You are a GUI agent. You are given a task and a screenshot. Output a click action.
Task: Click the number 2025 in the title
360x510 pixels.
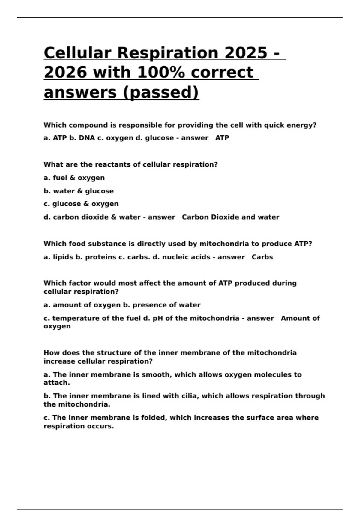point(246,53)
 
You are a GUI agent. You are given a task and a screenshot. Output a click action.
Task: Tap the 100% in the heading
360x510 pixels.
point(161,72)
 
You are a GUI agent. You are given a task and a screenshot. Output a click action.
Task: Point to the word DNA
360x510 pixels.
point(87,138)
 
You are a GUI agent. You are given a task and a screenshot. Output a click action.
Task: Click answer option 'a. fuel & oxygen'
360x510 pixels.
point(74,178)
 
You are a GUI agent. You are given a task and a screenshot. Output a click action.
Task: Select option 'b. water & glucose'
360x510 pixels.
point(79,191)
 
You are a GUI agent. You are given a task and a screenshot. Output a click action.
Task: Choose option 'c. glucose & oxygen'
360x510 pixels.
point(81,204)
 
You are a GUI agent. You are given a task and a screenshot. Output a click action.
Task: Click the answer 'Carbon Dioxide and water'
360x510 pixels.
point(230,217)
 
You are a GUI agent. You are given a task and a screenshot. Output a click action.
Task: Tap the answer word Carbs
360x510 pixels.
point(262,257)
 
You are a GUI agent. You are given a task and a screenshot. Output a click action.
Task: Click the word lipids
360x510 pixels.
point(63,257)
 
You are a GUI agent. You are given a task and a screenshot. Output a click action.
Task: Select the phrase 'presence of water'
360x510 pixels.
point(166,305)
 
